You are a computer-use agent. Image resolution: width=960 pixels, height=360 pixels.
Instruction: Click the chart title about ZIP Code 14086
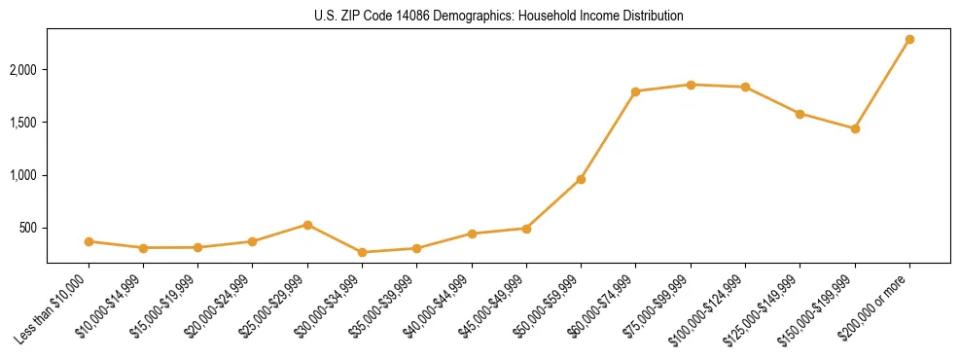(x=498, y=17)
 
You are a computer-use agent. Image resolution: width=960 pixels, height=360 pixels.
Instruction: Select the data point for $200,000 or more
(x=909, y=40)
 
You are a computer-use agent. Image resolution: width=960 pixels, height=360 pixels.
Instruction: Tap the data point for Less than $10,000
(x=89, y=241)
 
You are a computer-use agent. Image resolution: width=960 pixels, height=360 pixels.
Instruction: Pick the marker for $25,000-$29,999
(x=307, y=225)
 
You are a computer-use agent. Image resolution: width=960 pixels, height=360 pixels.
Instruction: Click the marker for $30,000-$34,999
(x=362, y=252)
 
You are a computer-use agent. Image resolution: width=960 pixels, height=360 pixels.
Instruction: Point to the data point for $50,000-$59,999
(x=581, y=179)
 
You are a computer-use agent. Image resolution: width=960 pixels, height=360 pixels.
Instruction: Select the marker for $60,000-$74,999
(x=635, y=91)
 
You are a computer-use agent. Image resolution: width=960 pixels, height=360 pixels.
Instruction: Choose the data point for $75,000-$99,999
(x=691, y=85)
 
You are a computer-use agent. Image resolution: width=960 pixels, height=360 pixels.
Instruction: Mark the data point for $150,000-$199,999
(x=855, y=128)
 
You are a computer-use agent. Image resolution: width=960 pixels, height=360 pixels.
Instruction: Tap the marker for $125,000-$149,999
(x=800, y=114)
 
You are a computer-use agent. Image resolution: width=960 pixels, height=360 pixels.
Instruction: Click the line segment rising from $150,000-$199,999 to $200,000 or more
(x=882, y=85)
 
